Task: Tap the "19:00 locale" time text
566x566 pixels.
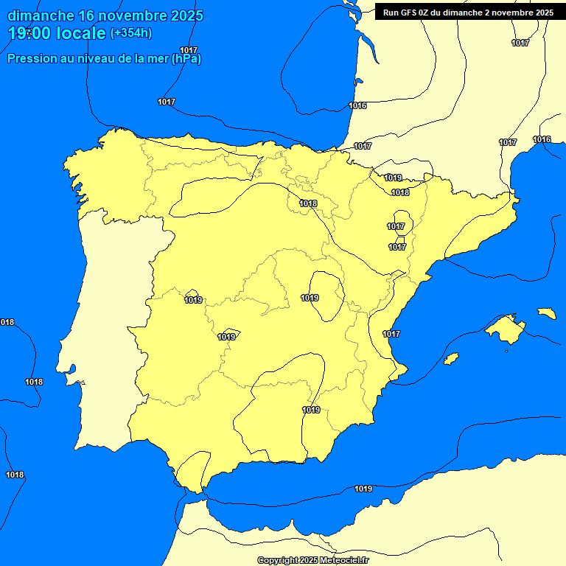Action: [57, 33]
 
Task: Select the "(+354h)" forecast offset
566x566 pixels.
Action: [130, 33]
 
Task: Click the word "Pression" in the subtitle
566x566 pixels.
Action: [33, 59]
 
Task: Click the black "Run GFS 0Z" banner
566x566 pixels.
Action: [468, 12]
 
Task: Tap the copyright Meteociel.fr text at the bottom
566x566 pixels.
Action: [312, 560]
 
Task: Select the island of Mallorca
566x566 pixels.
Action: [506, 329]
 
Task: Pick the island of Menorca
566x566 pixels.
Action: [546, 313]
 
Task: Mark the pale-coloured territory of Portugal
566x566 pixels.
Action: [111, 332]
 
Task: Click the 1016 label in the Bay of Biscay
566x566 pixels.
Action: [357, 106]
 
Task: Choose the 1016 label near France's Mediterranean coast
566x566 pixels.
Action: [542, 140]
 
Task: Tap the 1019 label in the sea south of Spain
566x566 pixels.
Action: [363, 489]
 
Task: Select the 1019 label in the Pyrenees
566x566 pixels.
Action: [393, 178]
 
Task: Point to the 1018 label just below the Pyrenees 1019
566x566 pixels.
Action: [400, 192]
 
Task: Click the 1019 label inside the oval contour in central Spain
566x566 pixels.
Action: [310, 298]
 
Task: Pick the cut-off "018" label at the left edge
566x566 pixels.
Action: [7, 322]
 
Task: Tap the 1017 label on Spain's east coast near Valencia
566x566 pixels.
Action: [391, 334]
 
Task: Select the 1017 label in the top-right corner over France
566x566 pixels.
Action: [520, 43]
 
